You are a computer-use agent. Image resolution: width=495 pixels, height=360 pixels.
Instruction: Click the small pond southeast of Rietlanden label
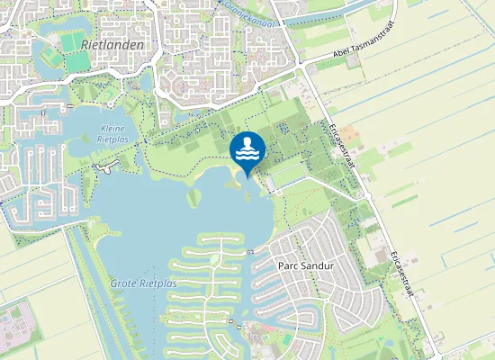click(146, 83)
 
